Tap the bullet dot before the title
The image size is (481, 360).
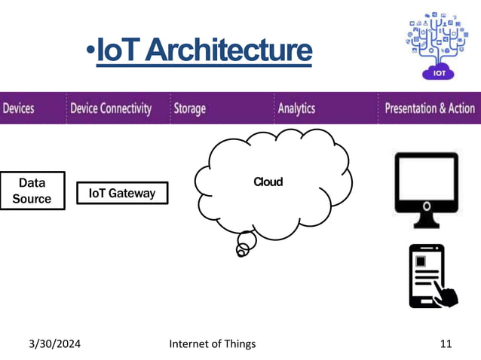pyautogui.click(x=90, y=51)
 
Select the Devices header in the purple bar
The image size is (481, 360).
pyautogui.click(x=18, y=108)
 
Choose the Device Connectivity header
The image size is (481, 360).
pyautogui.click(x=111, y=108)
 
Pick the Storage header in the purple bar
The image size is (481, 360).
pyautogui.click(x=189, y=108)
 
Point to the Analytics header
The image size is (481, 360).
pyautogui.click(x=296, y=108)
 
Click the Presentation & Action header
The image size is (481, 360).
pyautogui.click(x=430, y=108)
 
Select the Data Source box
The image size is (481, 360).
pyautogui.click(x=32, y=191)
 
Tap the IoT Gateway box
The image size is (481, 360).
pyautogui.click(x=122, y=193)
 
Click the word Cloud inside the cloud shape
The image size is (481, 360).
pyautogui.click(x=268, y=182)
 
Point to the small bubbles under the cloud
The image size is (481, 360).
pyautogui.click(x=244, y=246)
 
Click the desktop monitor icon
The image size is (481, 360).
pyautogui.click(x=426, y=184)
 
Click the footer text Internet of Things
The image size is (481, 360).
pyautogui.click(x=213, y=343)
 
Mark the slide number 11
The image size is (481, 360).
pyautogui.click(x=446, y=343)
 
